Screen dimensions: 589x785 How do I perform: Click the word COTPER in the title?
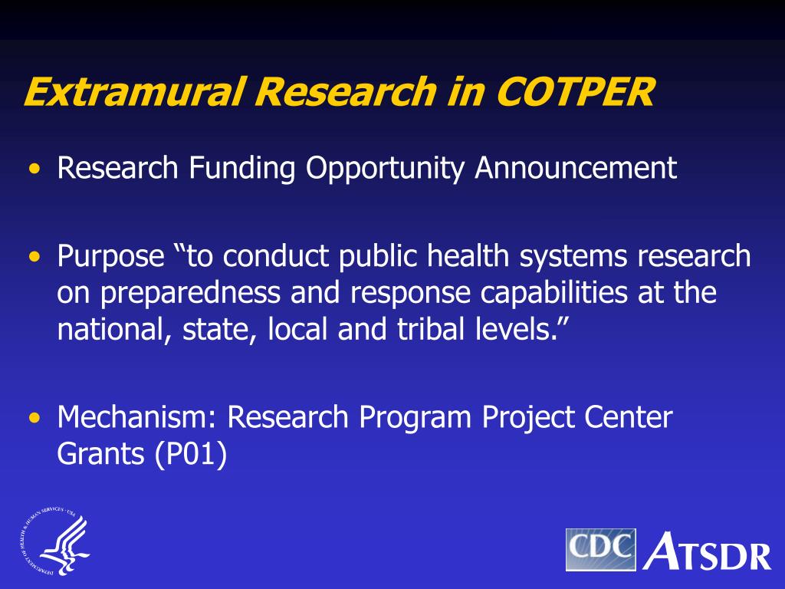[x=576, y=92]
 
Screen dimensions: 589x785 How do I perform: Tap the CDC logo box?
[x=601, y=549]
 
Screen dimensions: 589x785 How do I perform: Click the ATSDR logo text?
[x=707, y=551]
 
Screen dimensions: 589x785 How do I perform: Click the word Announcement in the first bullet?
[x=576, y=168]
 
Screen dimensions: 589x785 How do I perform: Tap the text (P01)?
[x=191, y=455]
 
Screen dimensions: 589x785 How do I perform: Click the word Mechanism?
[x=139, y=419]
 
